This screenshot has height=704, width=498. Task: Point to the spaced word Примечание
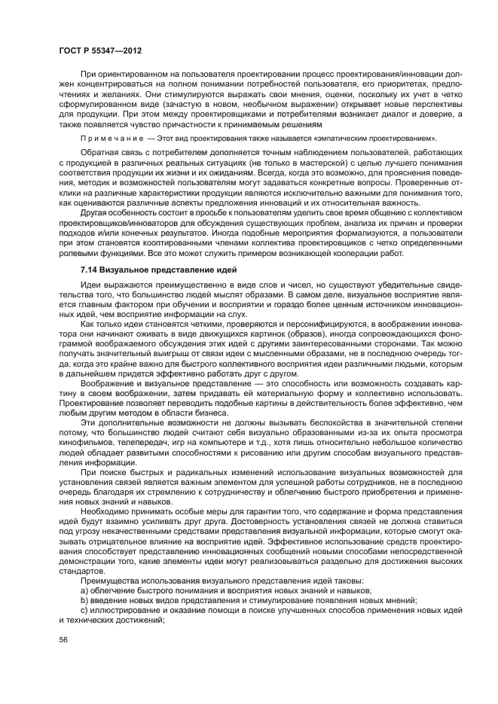[108, 139]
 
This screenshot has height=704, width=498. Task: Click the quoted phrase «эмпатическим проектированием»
[377, 139]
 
